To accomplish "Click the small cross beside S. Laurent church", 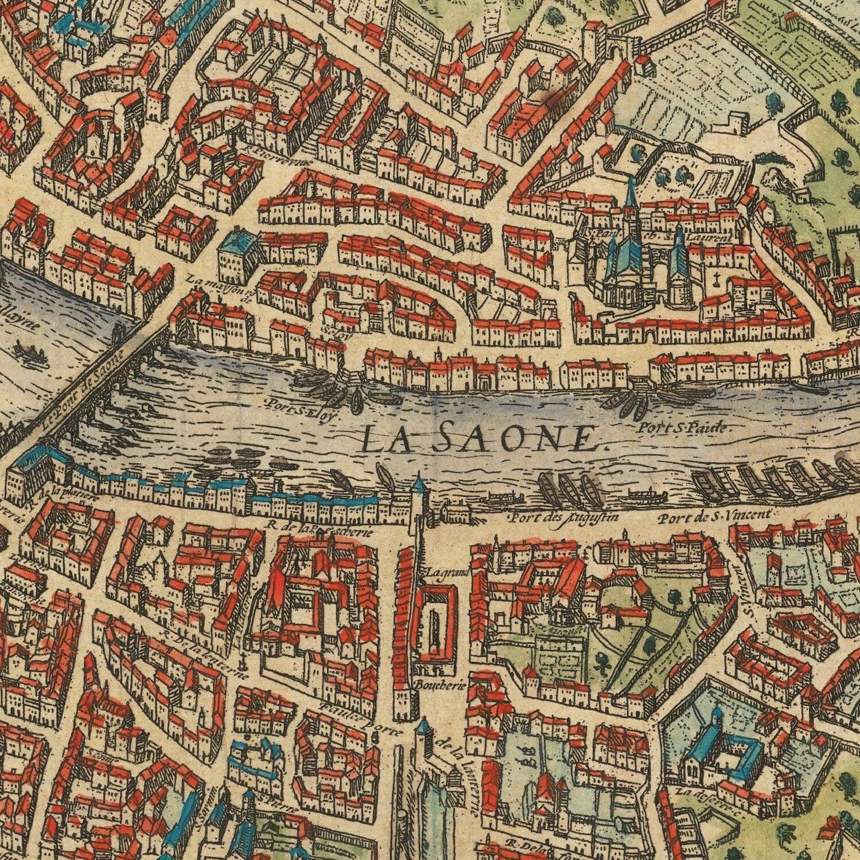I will [717, 280].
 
